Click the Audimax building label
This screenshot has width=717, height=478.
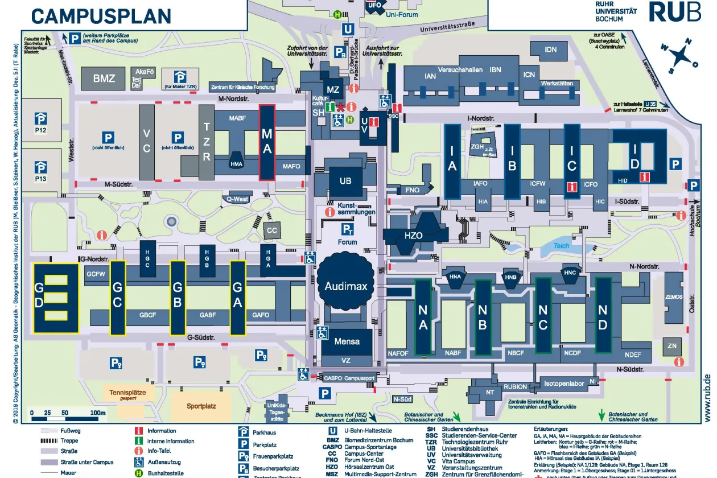(x=346, y=286)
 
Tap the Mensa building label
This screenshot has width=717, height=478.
(x=347, y=341)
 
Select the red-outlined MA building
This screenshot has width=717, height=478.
(x=267, y=142)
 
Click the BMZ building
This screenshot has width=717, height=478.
(x=104, y=79)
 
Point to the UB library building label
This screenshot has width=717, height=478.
(x=345, y=181)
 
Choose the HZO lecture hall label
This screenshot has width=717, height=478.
(x=414, y=234)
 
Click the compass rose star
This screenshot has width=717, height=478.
(x=679, y=56)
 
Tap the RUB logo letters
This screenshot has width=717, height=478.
(x=675, y=11)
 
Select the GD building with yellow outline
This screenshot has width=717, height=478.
(x=55, y=298)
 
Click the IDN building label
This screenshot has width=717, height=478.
(x=550, y=50)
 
